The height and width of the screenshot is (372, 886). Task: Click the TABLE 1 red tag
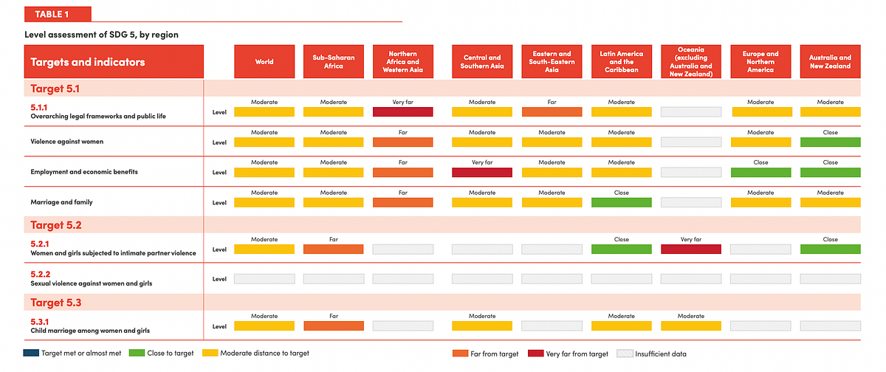click(x=58, y=14)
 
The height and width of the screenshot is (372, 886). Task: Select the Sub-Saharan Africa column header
click(x=334, y=62)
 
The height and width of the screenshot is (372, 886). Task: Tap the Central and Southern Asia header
click(x=482, y=62)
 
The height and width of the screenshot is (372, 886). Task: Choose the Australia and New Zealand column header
click(x=830, y=62)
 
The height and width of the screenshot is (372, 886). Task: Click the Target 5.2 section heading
click(x=56, y=225)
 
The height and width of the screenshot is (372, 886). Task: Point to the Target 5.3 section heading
click(x=56, y=303)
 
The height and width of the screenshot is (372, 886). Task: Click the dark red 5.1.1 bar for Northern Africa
click(x=402, y=112)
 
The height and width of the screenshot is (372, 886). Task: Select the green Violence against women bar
click(x=830, y=142)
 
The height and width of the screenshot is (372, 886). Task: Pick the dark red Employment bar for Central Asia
click(x=482, y=173)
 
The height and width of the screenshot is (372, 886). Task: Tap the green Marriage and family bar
click(x=622, y=202)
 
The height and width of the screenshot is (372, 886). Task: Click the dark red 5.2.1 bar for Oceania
click(x=691, y=249)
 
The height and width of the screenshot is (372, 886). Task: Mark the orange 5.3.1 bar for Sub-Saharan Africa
click(x=334, y=325)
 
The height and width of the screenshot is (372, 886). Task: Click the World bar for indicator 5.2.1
click(x=264, y=249)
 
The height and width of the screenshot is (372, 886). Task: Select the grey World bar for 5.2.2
click(x=264, y=279)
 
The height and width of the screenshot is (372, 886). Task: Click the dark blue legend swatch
click(x=31, y=353)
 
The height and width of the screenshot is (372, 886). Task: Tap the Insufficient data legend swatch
click(x=625, y=354)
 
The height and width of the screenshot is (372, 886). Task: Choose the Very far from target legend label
click(x=577, y=354)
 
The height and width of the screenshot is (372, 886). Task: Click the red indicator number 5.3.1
click(x=40, y=322)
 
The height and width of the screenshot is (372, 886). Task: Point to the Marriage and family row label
click(x=62, y=202)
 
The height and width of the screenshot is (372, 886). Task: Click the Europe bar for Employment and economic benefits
click(x=760, y=173)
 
